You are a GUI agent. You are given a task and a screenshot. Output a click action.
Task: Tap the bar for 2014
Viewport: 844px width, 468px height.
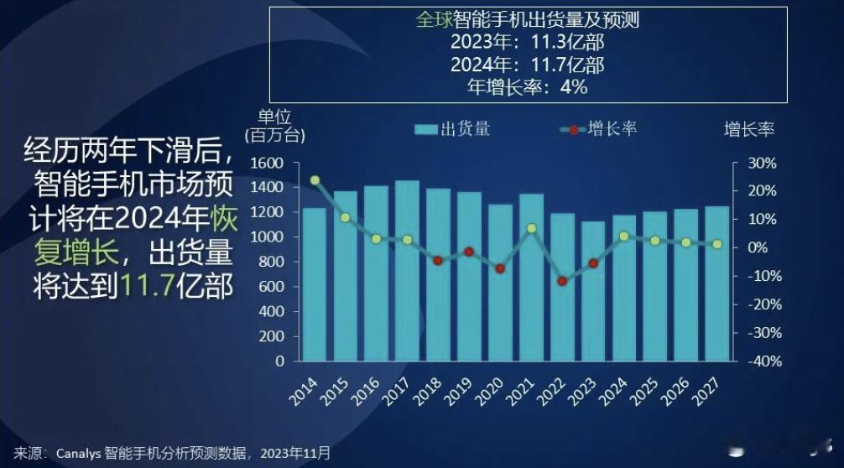314,284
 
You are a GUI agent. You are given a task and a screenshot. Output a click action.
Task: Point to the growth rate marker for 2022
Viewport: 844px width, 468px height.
562,281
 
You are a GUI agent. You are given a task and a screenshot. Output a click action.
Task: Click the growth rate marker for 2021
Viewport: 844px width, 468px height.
531,228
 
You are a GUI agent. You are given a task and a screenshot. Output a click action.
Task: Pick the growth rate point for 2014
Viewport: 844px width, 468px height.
315,180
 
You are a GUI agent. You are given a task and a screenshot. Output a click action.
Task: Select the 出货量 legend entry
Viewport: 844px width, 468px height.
452,128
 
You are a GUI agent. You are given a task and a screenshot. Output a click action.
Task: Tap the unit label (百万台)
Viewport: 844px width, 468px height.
274,134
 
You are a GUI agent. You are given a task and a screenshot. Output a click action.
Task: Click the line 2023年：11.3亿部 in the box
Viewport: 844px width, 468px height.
527,42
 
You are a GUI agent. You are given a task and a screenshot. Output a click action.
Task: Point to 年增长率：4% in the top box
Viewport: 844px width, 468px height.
527,86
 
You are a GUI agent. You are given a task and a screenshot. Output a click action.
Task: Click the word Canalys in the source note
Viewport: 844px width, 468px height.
79,454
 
